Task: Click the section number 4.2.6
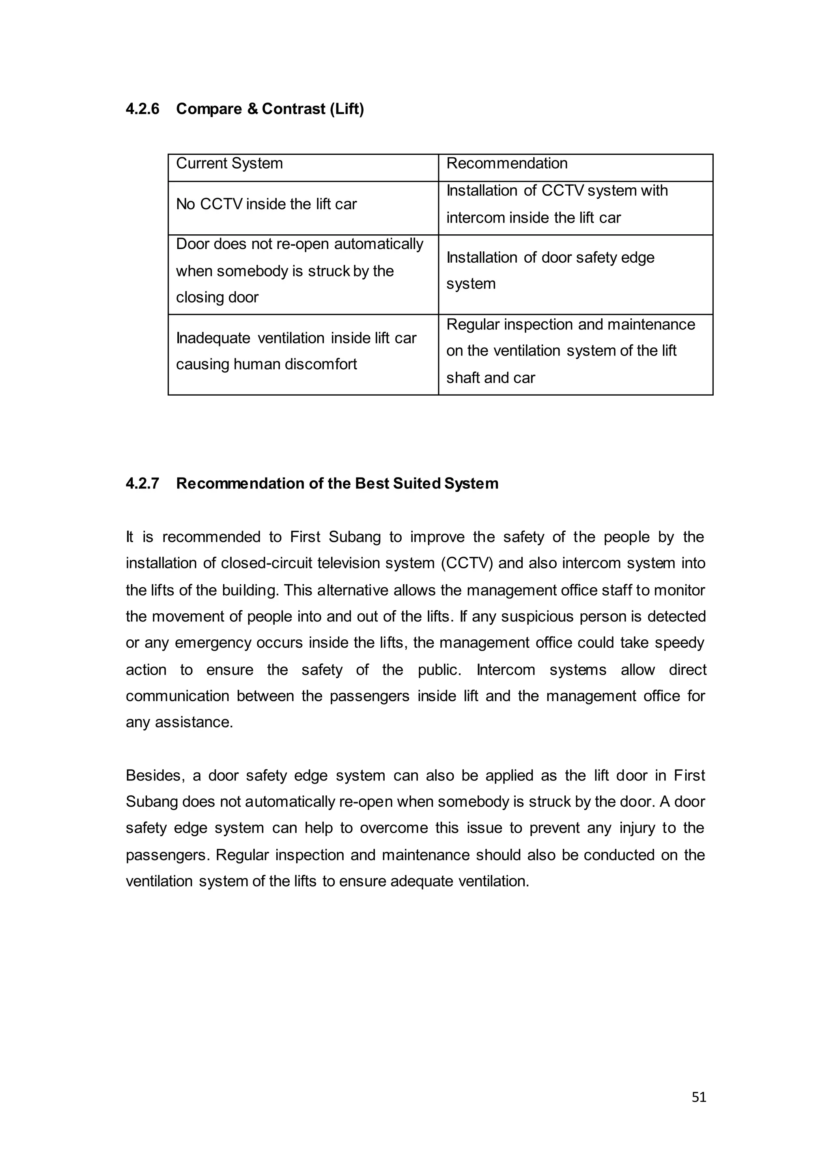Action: tap(142, 109)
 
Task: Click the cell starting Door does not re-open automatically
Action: tap(299, 270)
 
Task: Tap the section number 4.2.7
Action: tap(142, 483)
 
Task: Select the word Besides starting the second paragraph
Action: tap(155, 776)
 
